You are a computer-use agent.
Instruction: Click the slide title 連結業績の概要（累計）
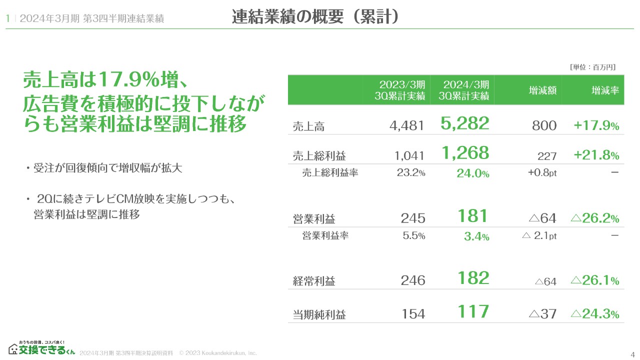[315, 17]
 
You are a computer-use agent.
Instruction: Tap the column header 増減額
[542, 90]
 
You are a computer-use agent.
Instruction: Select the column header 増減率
[605, 90]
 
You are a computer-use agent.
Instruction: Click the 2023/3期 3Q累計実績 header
[402, 90]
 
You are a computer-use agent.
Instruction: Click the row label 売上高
[308, 126]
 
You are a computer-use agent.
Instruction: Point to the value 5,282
[464, 123]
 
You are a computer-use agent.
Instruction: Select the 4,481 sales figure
[406, 125]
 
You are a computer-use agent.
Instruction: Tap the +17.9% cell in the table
[596, 125]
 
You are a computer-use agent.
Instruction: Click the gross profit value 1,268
[464, 153]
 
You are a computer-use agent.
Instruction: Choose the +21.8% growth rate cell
[596, 155]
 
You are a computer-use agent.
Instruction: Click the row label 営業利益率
[325, 235]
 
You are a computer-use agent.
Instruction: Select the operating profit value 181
[472, 216]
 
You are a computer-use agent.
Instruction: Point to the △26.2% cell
[594, 218]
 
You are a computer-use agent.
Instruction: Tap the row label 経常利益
[314, 281]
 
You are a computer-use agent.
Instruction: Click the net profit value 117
[473, 311]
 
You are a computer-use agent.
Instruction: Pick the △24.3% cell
[594, 313]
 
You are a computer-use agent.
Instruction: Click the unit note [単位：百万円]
[592, 67]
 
